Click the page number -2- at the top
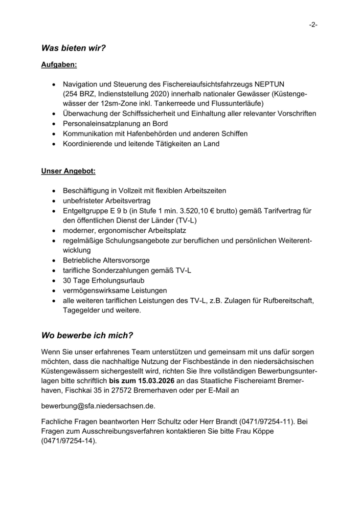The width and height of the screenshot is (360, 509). tap(313, 24)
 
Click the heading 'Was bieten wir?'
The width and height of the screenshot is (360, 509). tap(74, 48)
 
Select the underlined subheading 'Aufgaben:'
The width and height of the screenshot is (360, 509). tap(59, 64)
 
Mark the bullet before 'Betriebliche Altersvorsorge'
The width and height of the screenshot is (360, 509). tap(53, 260)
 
